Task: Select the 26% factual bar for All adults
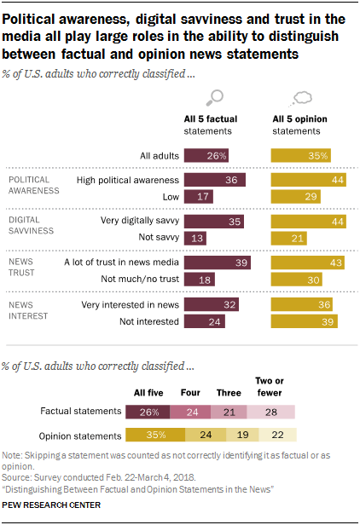pos(206,155)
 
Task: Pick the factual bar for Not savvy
pos(195,236)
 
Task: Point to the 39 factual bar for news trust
pos(218,262)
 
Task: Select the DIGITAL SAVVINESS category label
pos(32,225)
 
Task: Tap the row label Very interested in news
pos(130,304)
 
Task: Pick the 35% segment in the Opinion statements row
pos(154,435)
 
